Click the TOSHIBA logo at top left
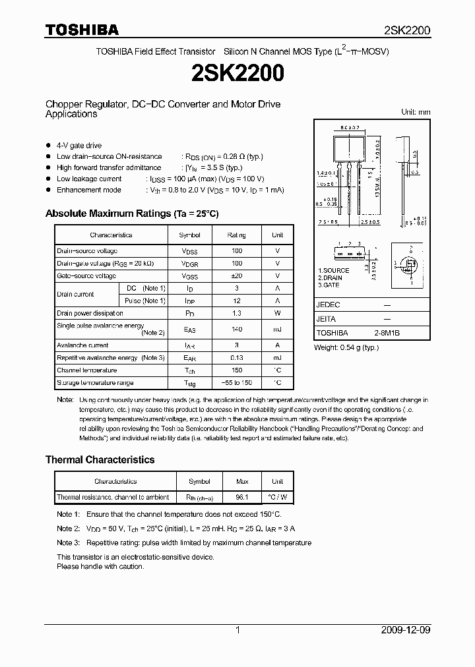pyautogui.click(x=82, y=30)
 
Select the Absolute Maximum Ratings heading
pyautogui.click(x=131, y=214)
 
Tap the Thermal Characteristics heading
pyautogui.click(x=100, y=459)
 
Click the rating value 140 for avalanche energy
pyautogui.click(x=237, y=329)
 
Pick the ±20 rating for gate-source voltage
pyautogui.click(x=237, y=275)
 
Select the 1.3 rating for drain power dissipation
pyautogui.click(x=237, y=313)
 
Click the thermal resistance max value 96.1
pyautogui.click(x=242, y=497)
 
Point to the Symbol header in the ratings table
pyautogui.click(x=190, y=235)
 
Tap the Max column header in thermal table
pyautogui.click(x=242, y=481)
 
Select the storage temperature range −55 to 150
pyautogui.click(x=237, y=383)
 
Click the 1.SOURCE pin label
pyautogui.click(x=334, y=271)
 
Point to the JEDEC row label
pyautogui.click(x=328, y=305)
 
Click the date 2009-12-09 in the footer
pyautogui.click(x=407, y=630)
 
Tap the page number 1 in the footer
pyautogui.click(x=237, y=630)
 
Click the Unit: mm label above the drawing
pyautogui.click(x=416, y=112)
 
